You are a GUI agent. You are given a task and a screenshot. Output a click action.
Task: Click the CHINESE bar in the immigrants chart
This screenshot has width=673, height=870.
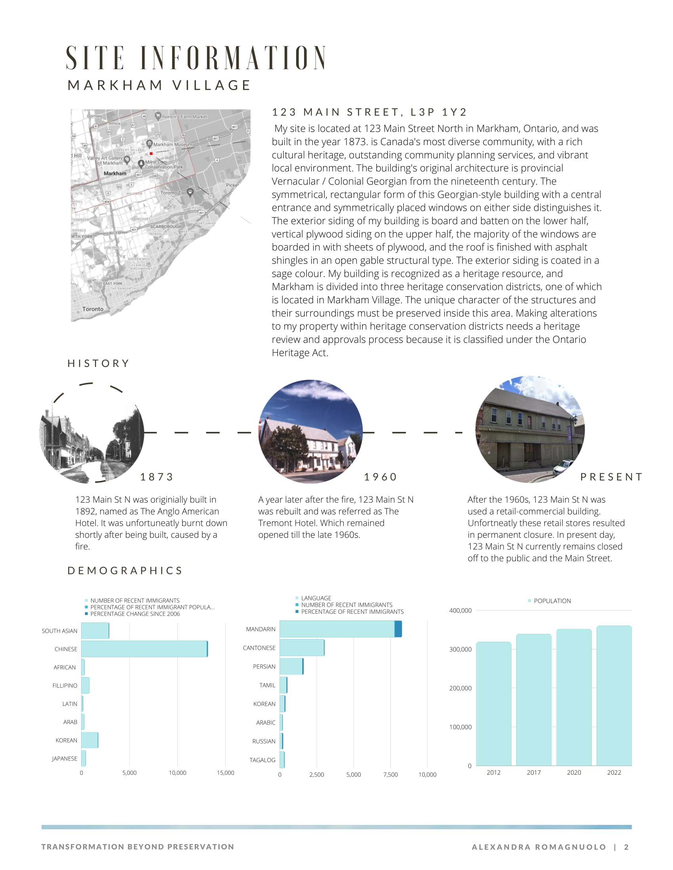click(144, 649)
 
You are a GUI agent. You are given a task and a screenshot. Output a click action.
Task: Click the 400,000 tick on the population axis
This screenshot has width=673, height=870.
click(460, 610)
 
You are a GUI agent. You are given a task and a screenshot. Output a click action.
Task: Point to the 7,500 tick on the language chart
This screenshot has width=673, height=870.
click(390, 774)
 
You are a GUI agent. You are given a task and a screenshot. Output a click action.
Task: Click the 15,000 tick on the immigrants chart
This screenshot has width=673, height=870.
click(225, 773)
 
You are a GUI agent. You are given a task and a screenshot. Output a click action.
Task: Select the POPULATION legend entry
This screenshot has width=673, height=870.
click(552, 601)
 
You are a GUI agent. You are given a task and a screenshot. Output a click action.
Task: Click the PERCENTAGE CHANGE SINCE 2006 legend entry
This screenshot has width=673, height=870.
click(135, 614)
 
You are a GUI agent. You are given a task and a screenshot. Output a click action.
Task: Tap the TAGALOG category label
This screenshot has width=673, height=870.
click(262, 760)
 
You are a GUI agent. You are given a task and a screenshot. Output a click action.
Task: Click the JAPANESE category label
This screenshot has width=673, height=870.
click(65, 758)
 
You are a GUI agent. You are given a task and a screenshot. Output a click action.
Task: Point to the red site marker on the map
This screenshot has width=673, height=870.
click(151, 153)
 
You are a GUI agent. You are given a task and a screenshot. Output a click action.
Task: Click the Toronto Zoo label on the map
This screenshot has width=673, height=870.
click(173, 193)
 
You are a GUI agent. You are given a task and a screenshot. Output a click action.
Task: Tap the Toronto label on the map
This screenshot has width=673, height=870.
click(93, 309)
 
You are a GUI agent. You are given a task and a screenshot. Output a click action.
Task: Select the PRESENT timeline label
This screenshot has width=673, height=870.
click(611, 477)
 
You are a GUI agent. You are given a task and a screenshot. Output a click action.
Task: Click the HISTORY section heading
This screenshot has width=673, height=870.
click(99, 363)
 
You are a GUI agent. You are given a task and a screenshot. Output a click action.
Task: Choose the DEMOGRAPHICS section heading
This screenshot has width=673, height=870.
click(125, 570)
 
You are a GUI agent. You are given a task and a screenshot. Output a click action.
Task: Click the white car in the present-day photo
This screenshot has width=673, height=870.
click(563, 466)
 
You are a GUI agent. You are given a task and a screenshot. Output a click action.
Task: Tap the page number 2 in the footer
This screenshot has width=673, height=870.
click(626, 847)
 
